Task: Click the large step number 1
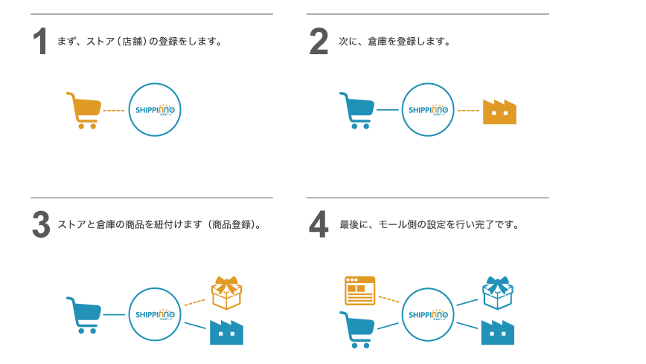[40, 42]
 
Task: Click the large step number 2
[319, 42]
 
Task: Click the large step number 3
[41, 224]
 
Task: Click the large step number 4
[319, 224]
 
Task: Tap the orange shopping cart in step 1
[84, 110]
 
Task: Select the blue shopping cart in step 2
[357, 110]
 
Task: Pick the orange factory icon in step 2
[499, 112]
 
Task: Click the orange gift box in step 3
[226, 293]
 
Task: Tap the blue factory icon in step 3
[226, 332]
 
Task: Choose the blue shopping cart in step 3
[84, 315]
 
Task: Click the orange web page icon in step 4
[360, 290]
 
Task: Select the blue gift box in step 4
[497, 293]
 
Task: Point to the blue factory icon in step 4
[497, 332]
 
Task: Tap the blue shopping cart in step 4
[357, 329]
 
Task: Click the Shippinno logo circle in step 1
[155, 109]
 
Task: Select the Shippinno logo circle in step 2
[428, 109]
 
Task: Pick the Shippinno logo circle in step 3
[155, 314]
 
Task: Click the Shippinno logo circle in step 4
[428, 314]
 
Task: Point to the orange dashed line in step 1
[113, 111]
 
